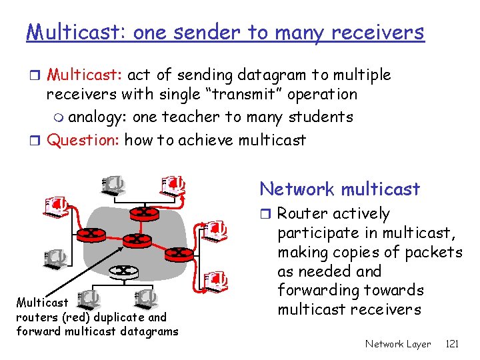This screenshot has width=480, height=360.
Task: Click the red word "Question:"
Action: (x=85, y=139)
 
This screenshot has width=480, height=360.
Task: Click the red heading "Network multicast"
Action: (x=340, y=189)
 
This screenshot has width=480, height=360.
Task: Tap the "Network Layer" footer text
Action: (x=398, y=344)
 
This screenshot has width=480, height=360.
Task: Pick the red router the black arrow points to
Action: (x=136, y=239)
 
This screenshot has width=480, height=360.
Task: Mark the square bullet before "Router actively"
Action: (x=267, y=214)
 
